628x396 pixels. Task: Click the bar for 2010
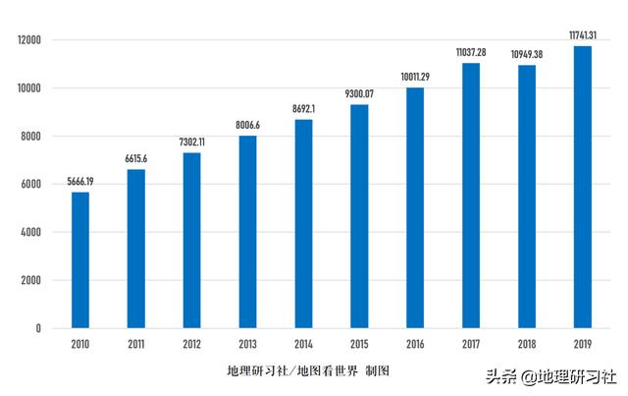coord(79,260)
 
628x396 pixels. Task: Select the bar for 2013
coord(247,232)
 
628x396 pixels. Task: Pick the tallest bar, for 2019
coord(582,187)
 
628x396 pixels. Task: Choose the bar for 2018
coord(527,197)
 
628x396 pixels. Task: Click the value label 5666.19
coord(79,182)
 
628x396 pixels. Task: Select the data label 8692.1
coord(303,109)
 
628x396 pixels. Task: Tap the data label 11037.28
coord(471,52)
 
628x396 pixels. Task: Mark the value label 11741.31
coord(582,35)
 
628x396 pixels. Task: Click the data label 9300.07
coord(359,94)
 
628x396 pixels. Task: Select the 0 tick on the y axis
coord(38,328)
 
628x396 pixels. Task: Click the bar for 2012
coord(191,240)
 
